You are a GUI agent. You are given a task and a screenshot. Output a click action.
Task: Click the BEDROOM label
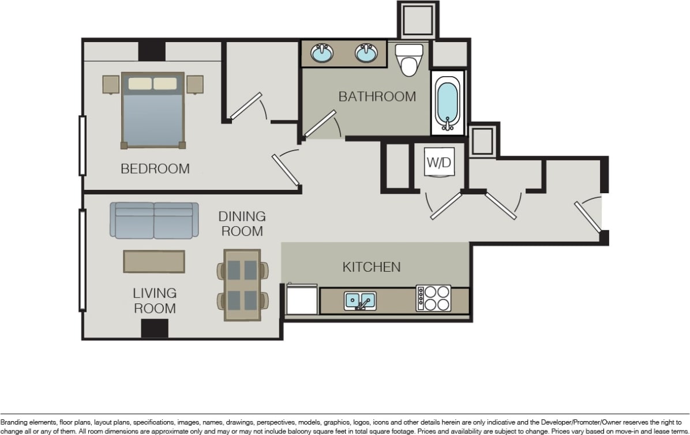[155, 168]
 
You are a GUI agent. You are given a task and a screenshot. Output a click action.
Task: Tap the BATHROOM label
[377, 96]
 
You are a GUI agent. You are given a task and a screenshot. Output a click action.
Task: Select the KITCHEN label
[371, 267]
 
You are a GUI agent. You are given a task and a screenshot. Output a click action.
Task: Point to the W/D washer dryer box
[438, 163]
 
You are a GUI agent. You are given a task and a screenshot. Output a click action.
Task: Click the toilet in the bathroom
[409, 60]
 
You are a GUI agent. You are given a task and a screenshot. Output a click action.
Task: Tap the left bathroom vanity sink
[322, 54]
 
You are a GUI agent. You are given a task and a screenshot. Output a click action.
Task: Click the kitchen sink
[360, 300]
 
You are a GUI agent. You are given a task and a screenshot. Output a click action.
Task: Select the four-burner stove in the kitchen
[433, 299]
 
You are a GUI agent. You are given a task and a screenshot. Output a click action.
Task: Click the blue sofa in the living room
[154, 220]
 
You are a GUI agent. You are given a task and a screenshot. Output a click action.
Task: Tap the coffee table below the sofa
[154, 261]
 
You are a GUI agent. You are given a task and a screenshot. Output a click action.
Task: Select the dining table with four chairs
[242, 285]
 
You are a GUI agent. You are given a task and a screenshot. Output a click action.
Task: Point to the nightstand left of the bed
[111, 84]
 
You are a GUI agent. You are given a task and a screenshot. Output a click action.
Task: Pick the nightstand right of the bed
[195, 84]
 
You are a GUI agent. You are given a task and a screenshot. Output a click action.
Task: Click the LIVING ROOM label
[155, 301]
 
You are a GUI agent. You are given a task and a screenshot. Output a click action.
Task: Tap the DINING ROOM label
[241, 224]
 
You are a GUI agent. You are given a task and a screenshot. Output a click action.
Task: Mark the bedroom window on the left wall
[82, 145]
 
